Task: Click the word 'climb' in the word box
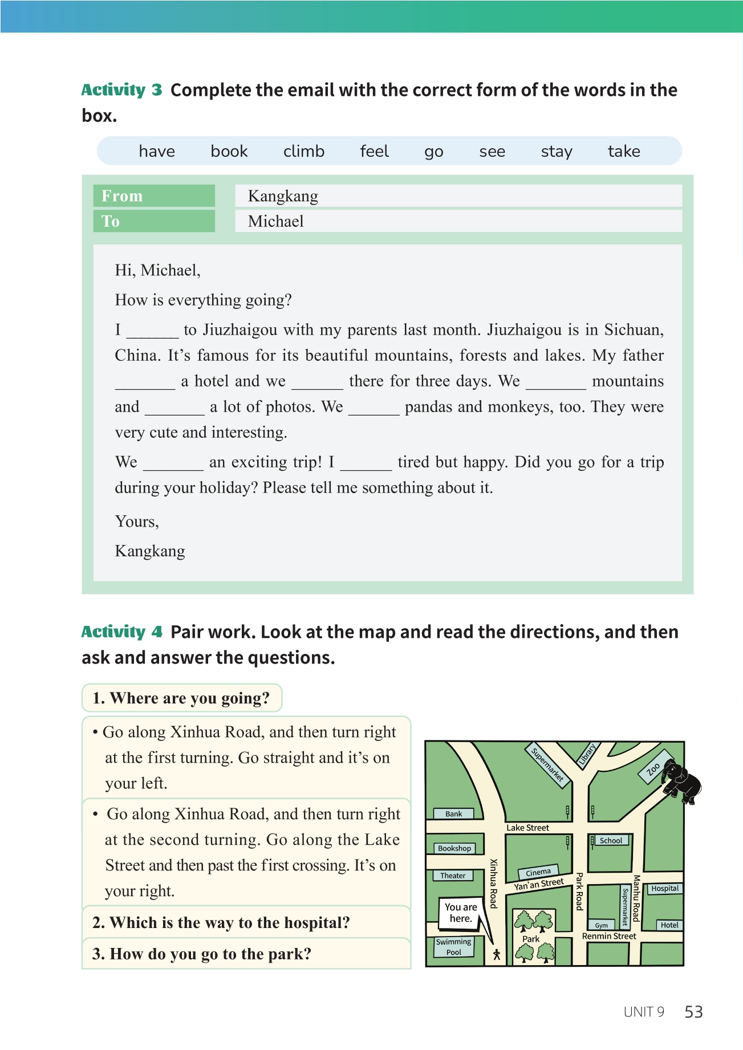point(303,151)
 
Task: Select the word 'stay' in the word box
point(556,151)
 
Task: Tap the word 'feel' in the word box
point(374,151)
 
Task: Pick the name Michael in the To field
point(275,221)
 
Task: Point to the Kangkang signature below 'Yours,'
point(150,551)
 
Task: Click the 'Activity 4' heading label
point(121,632)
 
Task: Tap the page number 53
point(693,1012)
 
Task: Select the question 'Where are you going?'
point(181,698)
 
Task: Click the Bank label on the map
point(454,813)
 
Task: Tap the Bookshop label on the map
point(454,848)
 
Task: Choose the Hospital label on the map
point(665,888)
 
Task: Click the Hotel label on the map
point(669,925)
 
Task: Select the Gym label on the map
point(602,925)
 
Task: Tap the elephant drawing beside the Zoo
point(682,781)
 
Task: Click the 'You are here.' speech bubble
point(461,912)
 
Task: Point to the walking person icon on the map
point(497,954)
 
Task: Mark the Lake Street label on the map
point(527,828)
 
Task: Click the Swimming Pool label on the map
point(454,947)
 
